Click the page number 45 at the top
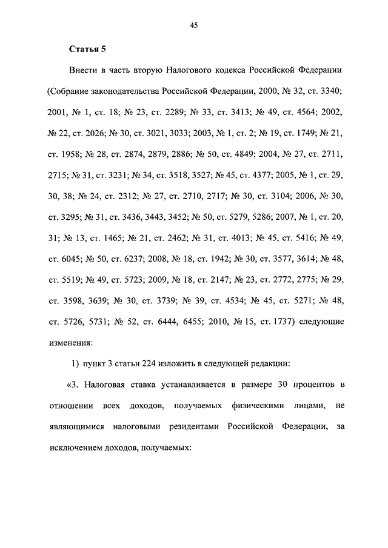click(194, 25)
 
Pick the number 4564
click(301, 113)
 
